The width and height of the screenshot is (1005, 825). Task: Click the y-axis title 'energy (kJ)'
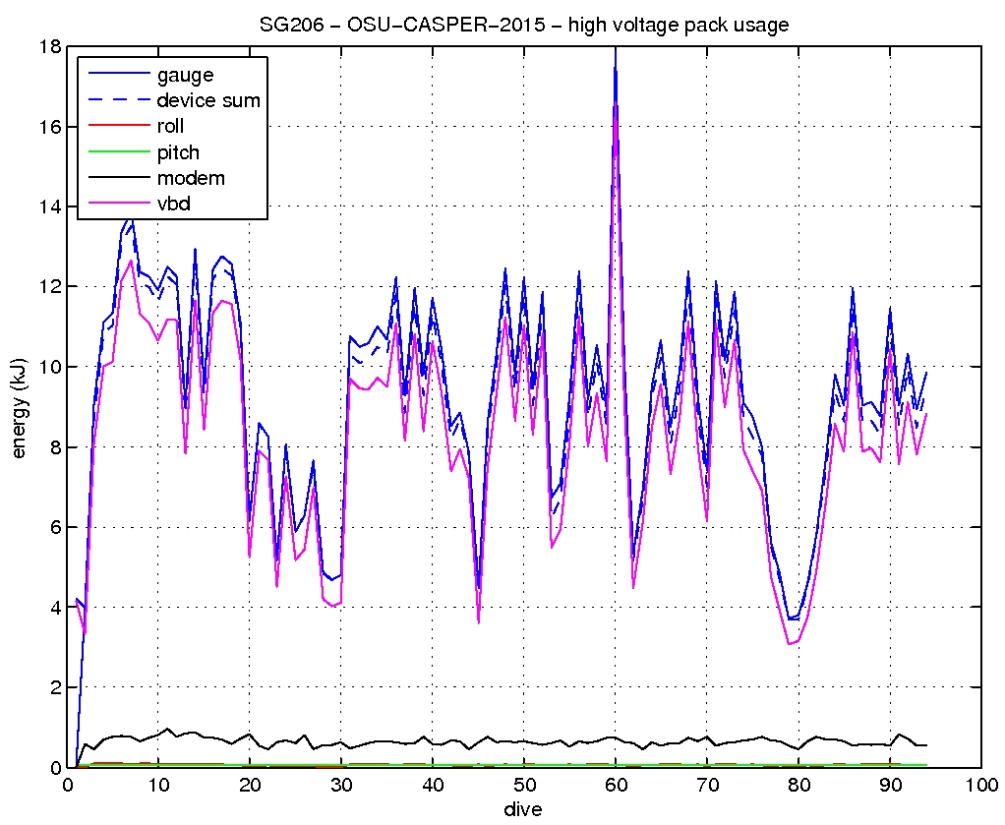tap(19, 406)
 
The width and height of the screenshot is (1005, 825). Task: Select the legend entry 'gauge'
tap(185, 74)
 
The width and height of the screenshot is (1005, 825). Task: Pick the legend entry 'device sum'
tap(208, 100)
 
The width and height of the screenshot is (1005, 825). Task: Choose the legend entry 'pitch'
tap(178, 152)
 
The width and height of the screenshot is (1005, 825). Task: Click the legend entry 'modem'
tap(191, 178)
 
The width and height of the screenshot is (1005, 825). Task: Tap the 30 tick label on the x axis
tap(341, 786)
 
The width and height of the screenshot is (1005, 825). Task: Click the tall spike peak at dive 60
tap(616, 49)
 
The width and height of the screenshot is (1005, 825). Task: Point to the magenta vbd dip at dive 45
tap(478, 622)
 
